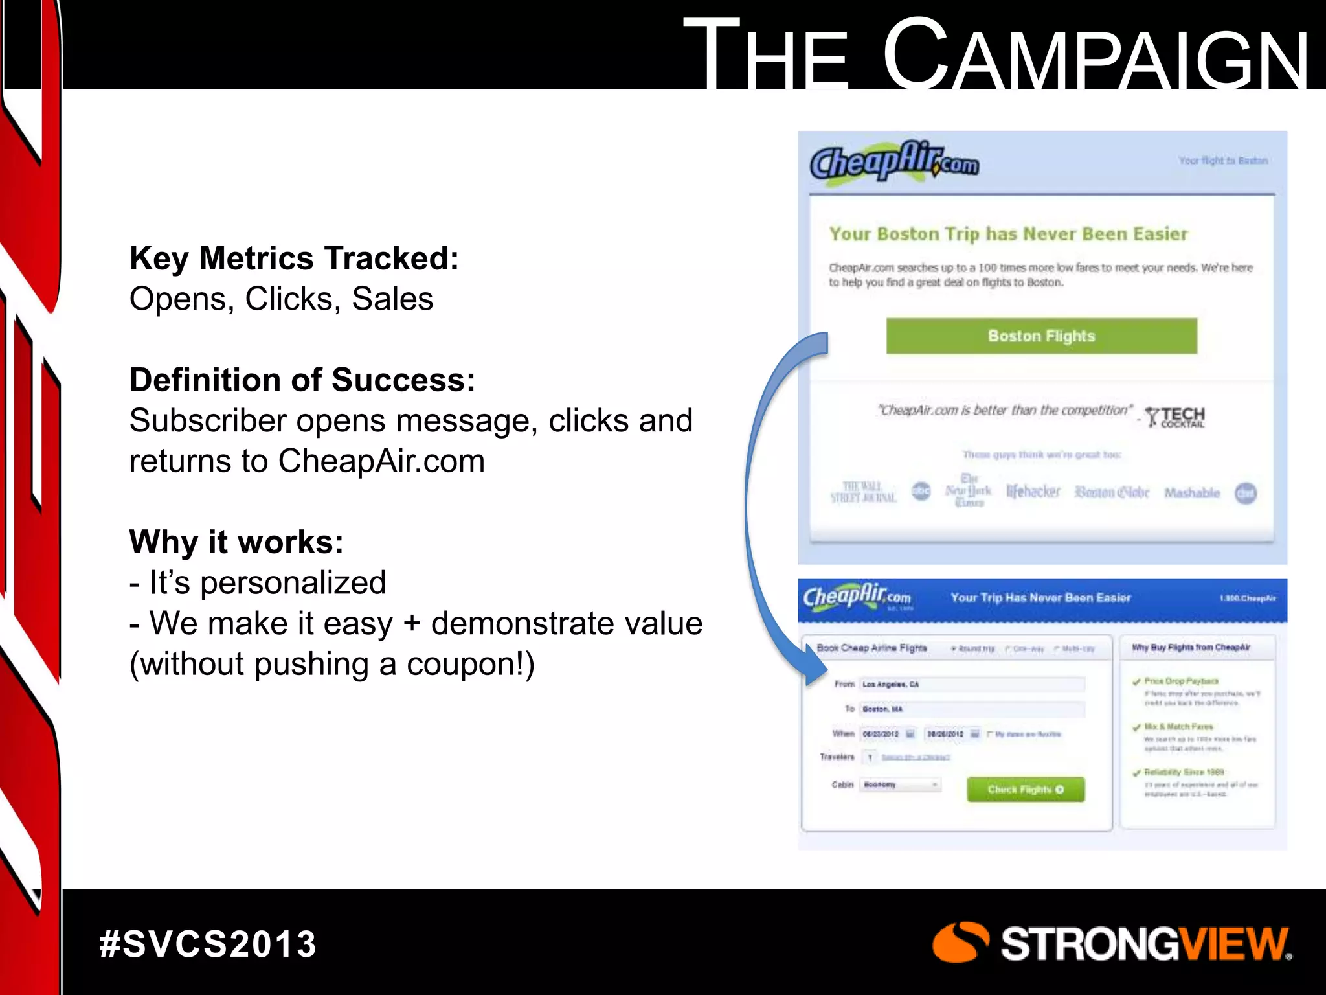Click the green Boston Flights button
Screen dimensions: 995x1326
pyautogui.click(x=1041, y=336)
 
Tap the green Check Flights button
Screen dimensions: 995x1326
pyautogui.click(x=1025, y=789)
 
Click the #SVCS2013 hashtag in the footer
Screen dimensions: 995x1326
pyautogui.click(x=208, y=944)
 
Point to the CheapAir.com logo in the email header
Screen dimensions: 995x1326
pyautogui.click(x=894, y=161)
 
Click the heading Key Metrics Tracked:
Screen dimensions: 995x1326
pyautogui.click(x=294, y=258)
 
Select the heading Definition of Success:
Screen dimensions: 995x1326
pyautogui.click(x=302, y=380)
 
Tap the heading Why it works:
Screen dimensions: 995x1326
pyautogui.click(x=236, y=542)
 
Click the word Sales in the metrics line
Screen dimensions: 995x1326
pyautogui.click(x=392, y=299)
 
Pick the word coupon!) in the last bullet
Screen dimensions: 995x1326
pyautogui.click(x=471, y=664)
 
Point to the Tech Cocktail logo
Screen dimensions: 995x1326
pyautogui.click(x=1175, y=417)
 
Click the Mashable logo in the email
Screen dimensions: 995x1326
pyautogui.click(x=1191, y=493)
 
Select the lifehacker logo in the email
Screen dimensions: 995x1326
pyautogui.click(x=1033, y=492)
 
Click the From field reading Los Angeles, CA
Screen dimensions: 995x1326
pyautogui.click(x=971, y=684)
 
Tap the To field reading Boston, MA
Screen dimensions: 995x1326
pyautogui.click(x=971, y=709)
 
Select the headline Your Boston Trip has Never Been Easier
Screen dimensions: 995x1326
pyautogui.click(x=1008, y=234)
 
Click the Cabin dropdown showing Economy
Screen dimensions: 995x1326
pyautogui.click(x=900, y=784)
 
